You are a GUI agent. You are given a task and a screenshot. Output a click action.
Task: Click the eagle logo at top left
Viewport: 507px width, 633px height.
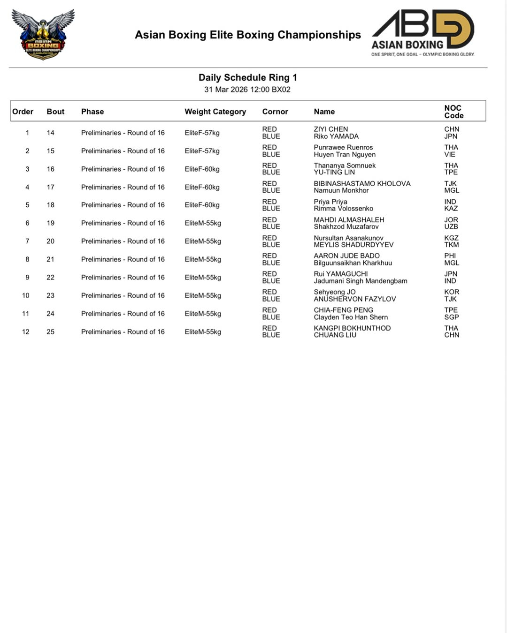43,34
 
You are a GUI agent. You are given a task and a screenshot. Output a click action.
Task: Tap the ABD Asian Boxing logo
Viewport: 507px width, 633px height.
422,33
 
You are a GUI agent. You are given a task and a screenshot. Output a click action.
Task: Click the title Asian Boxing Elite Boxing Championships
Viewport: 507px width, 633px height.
247,35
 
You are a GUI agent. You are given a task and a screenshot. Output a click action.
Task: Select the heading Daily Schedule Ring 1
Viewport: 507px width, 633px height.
247,77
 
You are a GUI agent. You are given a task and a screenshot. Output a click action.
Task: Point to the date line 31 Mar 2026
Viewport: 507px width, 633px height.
247,90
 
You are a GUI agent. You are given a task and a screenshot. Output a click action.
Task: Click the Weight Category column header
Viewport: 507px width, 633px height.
215,112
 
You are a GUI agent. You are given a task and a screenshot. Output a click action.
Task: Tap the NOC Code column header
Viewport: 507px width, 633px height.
453,112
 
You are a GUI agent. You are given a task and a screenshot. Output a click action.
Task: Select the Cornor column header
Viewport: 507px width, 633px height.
275,112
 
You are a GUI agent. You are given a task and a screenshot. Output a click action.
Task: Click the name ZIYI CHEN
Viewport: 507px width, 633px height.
330,129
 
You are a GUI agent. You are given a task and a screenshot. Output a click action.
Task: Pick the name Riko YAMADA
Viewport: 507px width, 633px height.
336,136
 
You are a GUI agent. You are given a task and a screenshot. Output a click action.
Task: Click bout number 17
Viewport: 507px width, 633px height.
50,187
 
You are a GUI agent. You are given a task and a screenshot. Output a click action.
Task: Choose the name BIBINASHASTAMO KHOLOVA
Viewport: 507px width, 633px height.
362,183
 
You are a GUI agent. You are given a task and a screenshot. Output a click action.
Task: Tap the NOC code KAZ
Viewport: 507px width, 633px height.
451,209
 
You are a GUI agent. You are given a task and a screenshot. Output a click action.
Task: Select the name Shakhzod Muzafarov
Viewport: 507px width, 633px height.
346,226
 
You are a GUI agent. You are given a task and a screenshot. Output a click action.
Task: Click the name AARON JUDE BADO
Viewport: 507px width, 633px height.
346,256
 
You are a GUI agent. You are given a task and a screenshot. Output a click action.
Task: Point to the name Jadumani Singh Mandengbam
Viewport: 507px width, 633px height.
360,281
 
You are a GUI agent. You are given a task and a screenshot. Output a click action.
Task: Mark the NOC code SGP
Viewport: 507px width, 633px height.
451,317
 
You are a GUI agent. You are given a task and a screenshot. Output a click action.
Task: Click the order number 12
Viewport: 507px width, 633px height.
25,332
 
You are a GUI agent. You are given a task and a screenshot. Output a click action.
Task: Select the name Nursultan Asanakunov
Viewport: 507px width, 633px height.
348,238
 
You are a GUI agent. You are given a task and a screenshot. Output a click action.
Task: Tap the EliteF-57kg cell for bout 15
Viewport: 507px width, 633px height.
202,151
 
